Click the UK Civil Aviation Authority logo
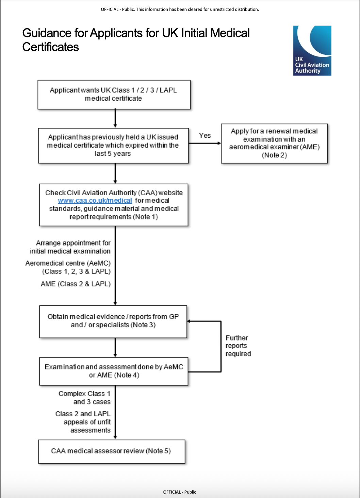312,51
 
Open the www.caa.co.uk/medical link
95,201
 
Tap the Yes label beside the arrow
204,135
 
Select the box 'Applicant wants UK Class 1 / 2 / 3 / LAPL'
114,95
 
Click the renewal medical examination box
274,144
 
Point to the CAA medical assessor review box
112,451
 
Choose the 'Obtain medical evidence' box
113,322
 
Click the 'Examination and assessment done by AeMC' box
114,371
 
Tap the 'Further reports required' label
238,346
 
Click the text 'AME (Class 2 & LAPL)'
76,284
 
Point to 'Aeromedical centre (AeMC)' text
68,263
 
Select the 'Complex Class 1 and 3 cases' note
84,398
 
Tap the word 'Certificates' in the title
50,47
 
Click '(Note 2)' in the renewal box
274,155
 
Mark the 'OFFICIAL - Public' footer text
180,492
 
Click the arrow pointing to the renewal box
205,143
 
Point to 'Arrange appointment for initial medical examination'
70,247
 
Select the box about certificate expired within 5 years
113,146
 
